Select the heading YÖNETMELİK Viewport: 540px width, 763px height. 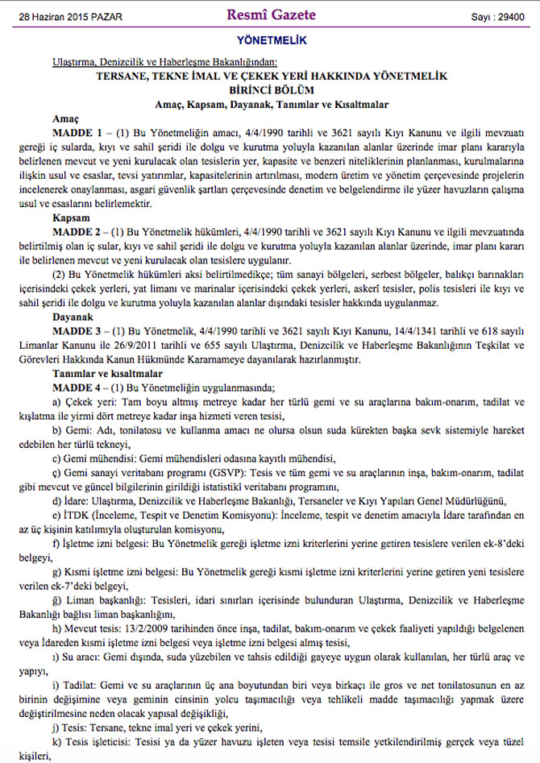coord(270,40)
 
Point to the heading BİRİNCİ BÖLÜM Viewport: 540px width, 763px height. coord(270,90)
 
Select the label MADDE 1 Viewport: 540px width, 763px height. coord(76,131)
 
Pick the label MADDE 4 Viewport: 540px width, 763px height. coord(76,387)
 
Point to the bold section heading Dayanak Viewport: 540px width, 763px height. coord(72,317)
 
